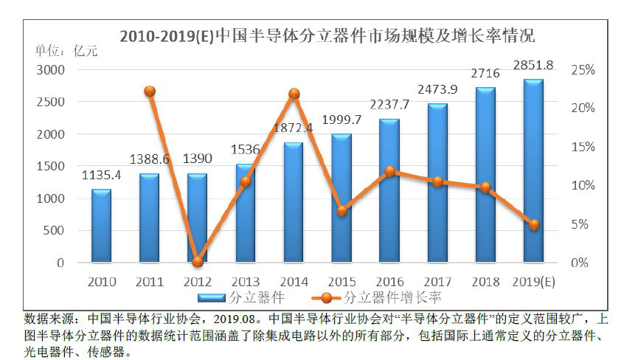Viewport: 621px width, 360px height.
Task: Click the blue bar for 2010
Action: [101, 226]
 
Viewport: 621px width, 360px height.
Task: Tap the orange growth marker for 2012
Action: [197, 261]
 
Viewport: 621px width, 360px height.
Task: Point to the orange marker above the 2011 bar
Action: [149, 91]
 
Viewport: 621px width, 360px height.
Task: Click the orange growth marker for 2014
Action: [294, 94]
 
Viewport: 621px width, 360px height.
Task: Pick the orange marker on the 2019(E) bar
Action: [534, 225]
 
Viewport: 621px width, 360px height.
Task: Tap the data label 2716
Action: [485, 74]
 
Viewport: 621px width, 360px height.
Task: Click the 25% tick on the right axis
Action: [583, 69]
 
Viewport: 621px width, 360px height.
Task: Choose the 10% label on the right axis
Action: [583, 185]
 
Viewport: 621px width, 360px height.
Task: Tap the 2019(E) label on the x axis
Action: [534, 281]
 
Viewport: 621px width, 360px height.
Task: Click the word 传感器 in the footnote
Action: [100, 350]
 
